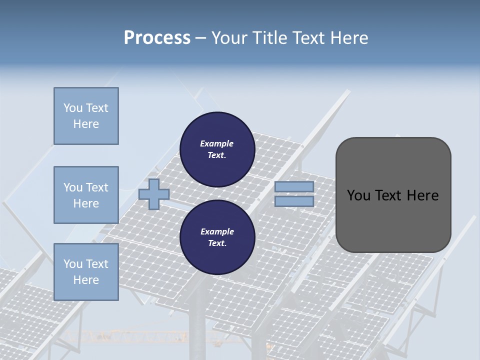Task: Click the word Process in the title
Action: point(157,37)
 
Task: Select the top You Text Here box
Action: point(86,116)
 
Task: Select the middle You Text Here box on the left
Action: point(86,195)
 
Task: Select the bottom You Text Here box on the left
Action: point(86,272)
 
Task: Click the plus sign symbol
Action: point(153,194)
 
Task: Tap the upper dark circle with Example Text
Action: point(217,149)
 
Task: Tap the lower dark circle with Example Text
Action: point(217,237)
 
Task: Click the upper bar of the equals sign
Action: point(294,186)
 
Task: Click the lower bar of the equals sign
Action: point(294,201)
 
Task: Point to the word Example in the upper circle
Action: point(217,143)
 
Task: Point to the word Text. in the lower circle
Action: point(217,243)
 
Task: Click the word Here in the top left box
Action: point(86,124)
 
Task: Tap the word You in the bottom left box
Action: point(72,264)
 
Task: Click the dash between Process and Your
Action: point(200,38)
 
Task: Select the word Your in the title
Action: point(228,37)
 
